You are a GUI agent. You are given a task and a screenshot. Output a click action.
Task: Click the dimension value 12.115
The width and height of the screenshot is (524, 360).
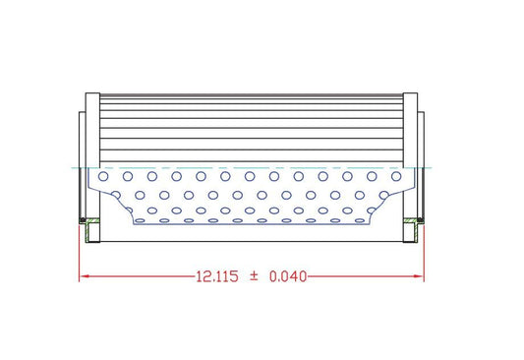tap(216, 277)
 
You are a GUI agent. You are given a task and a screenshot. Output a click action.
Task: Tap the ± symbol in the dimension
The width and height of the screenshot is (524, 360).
tap(253, 277)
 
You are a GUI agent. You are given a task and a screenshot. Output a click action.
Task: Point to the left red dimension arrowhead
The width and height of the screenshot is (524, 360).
tap(84, 277)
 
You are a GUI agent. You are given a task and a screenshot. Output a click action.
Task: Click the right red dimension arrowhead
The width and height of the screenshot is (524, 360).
tap(420, 277)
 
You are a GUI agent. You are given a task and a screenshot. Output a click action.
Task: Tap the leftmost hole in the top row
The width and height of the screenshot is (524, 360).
tap(103, 177)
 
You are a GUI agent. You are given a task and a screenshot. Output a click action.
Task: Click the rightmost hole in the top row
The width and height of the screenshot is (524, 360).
tap(397, 177)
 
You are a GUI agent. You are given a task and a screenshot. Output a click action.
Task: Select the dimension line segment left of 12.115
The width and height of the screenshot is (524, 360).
tap(138, 277)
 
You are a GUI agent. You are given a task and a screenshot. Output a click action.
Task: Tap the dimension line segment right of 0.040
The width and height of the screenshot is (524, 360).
tap(364, 277)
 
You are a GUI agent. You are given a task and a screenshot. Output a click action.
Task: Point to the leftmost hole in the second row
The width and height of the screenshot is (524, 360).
tap(115, 193)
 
